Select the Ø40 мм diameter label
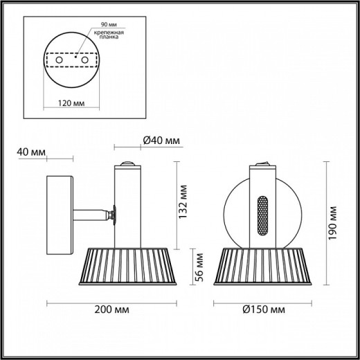161,141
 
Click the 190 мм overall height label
334,222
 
